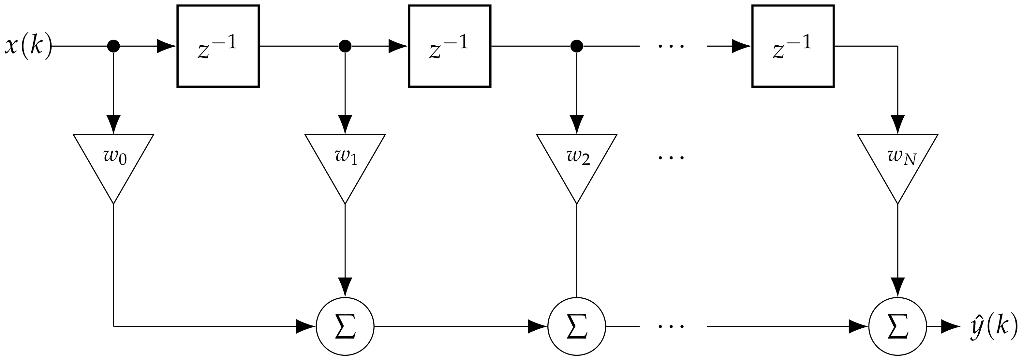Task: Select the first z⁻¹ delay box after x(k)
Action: point(218,46)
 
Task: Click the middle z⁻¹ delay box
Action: point(450,46)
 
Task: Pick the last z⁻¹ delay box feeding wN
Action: point(793,46)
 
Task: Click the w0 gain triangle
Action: point(113,163)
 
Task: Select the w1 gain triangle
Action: point(345,163)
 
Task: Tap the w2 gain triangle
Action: point(576,163)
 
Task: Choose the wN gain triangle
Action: point(897,163)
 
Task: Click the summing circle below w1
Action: point(345,326)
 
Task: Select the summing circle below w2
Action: point(576,326)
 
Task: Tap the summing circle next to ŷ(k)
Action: point(897,326)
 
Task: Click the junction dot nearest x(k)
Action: point(113,46)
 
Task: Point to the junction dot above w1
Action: point(345,46)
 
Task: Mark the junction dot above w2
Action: point(576,46)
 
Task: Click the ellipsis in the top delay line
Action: point(671,46)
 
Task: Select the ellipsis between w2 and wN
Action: point(671,158)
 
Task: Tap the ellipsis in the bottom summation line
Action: point(671,327)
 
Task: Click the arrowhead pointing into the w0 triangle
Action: point(113,125)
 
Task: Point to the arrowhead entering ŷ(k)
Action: point(951,326)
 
